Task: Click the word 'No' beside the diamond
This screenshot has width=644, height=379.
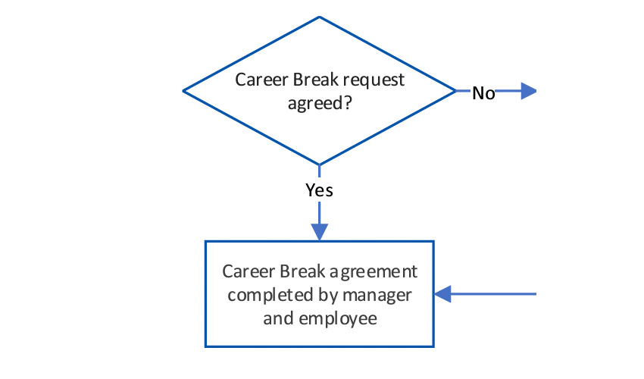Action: point(483,93)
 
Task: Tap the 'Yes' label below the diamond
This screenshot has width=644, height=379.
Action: point(319,190)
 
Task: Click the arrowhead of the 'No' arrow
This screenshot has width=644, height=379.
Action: point(528,92)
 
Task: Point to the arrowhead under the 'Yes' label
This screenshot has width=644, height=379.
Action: point(320,232)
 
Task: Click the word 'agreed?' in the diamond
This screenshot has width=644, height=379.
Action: point(319,103)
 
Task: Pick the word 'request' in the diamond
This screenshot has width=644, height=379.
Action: point(376,80)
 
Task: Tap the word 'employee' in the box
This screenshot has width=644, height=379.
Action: point(337,318)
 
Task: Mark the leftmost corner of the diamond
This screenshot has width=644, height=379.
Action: point(183,91)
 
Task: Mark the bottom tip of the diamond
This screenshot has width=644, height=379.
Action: point(320,164)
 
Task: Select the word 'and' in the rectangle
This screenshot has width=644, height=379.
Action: point(277,318)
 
